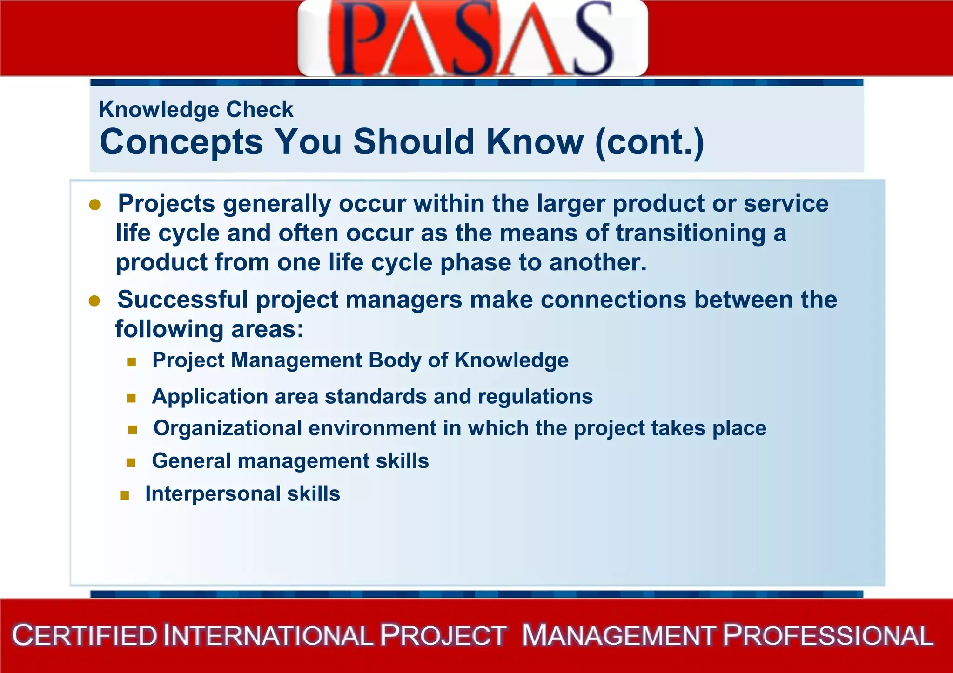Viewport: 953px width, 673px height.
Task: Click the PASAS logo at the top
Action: (472, 38)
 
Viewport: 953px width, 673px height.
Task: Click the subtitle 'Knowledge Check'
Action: (196, 110)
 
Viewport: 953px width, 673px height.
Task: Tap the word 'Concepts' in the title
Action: (181, 142)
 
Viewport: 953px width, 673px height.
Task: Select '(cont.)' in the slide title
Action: (650, 142)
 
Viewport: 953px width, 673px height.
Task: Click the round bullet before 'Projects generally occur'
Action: (95, 205)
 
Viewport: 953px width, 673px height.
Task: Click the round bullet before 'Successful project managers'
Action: (94, 301)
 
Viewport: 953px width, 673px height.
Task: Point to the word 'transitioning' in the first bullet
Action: (691, 233)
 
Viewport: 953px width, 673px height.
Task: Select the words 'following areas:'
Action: (209, 329)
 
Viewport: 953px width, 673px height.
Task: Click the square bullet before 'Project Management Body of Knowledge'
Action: (131, 362)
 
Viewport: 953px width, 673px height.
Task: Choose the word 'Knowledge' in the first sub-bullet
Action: (511, 360)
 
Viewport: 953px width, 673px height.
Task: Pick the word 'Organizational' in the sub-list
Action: (228, 428)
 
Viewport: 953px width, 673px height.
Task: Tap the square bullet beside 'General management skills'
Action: (131, 463)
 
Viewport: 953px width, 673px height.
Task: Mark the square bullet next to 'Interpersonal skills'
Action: (124, 496)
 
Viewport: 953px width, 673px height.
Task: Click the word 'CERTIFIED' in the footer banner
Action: (85, 636)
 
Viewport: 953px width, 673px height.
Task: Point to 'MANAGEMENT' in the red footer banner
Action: (618, 636)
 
